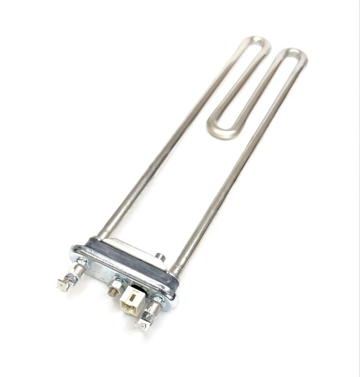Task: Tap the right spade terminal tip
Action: coord(140,325)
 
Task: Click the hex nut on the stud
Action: coord(117,283)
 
